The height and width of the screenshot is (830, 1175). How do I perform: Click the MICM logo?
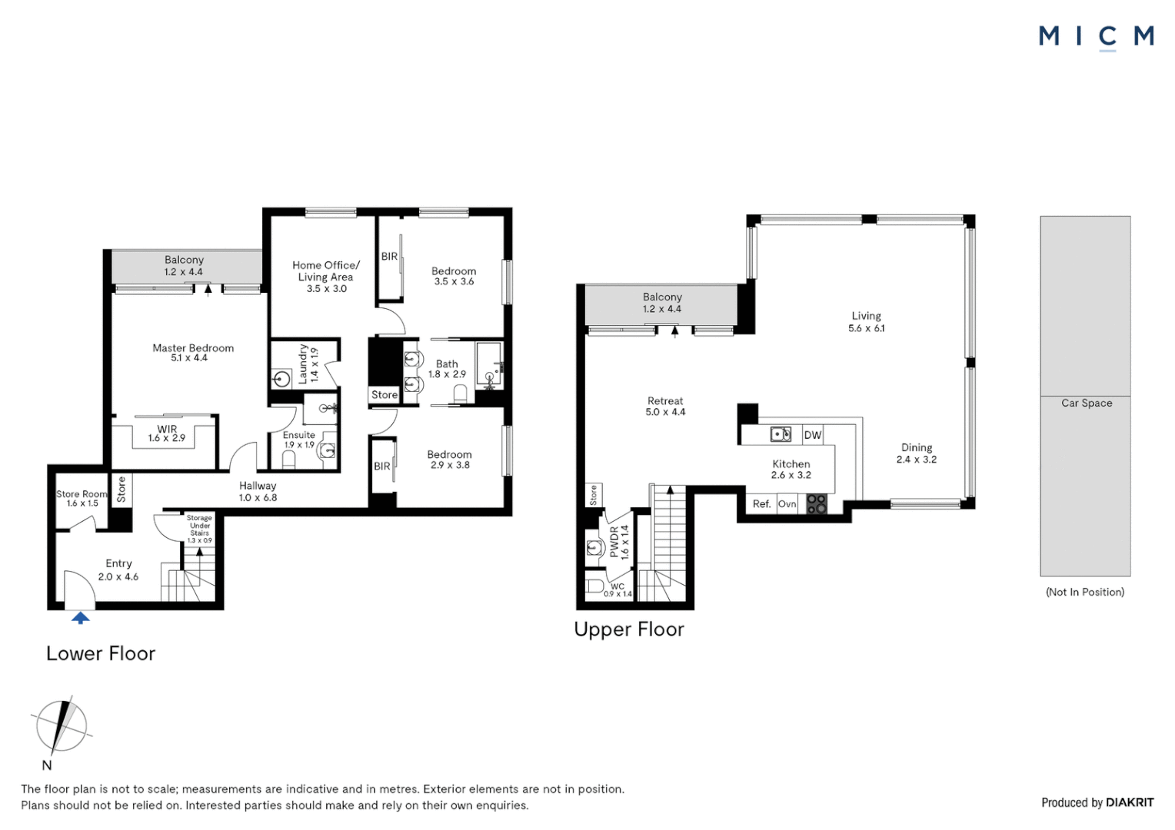point(1096,36)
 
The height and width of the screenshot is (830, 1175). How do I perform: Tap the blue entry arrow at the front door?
point(80,617)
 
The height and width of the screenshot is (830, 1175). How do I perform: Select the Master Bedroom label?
point(193,353)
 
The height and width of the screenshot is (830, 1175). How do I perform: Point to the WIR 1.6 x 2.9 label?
point(167,433)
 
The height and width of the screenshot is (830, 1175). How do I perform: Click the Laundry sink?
point(282,378)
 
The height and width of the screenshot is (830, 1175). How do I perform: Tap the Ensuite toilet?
point(290,459)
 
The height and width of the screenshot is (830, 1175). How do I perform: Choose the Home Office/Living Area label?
point(326,277)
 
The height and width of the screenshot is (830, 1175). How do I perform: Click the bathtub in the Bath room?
point(489,366)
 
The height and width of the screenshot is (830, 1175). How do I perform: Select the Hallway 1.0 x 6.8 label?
point(258,491)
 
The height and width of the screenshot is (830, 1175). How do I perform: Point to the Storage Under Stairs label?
point(199,529)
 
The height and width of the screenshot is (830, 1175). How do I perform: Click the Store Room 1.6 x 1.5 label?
point(82,498)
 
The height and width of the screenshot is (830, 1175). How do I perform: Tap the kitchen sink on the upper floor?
point(781,435)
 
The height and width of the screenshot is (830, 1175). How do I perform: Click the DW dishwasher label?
point(813,435)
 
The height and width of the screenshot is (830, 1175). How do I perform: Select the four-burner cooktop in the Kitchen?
point(817,504)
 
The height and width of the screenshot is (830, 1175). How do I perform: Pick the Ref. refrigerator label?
point(761,504)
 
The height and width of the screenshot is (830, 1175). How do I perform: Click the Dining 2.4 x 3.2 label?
point(917,453)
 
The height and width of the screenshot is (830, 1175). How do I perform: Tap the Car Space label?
point(1087,403)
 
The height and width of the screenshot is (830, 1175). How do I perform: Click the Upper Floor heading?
point(629,629)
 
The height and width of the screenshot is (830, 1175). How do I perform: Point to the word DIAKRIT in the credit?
point(1130,802)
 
